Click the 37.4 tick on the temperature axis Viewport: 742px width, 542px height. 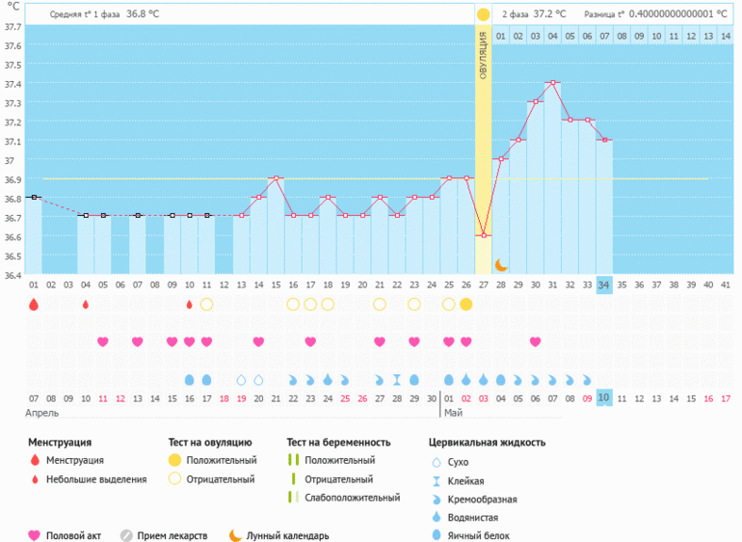[13, 83]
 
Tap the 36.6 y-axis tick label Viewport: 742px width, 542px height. [13, 236]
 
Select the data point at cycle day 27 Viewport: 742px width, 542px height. [484, 235]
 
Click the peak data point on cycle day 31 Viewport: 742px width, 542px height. [552, 83]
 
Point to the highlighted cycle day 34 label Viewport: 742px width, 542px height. [604, 285]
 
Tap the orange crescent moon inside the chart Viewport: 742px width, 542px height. [501, 264]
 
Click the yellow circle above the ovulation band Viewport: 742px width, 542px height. [483, 14]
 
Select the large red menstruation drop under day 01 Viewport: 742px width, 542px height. [34, 305]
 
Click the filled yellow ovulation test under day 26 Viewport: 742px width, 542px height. [466, 305]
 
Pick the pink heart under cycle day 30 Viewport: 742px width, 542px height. [535, 341]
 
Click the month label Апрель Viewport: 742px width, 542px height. [43, 413]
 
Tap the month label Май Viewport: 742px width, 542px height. [453, 413]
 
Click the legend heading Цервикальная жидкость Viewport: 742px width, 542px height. [487, 443]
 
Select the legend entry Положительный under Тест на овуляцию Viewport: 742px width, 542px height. [221, 461]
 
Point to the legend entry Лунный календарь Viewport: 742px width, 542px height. [288, 535]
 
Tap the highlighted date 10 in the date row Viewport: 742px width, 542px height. [604, 397]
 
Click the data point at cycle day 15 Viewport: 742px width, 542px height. [276, 178]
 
